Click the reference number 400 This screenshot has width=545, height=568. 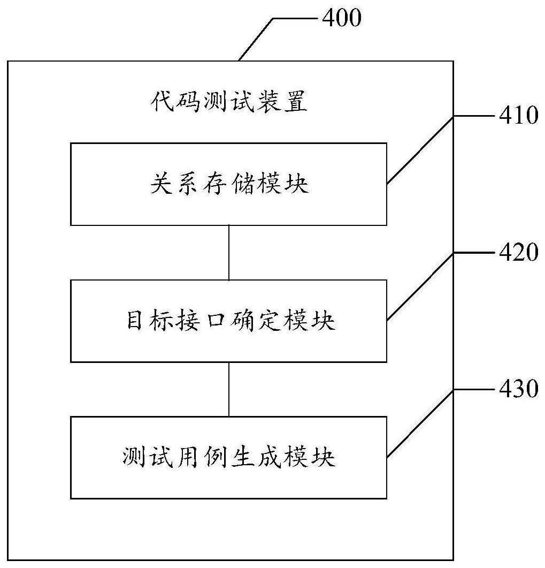pyautogui.click(x=341, y=18)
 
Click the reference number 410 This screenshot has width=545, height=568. pyautogui.click(x=518, y=115)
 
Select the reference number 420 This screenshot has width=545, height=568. pyautogui.click(x=518, y=252)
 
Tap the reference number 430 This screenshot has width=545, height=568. pyautogui.click(x=518, y=389)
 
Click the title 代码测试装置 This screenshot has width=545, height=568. pyautogui.click(x=228, y=101)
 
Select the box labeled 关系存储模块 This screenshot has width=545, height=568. pyautogui.click(x=229, y=184)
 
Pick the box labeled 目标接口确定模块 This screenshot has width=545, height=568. pyautogui.click(x=229, y=321)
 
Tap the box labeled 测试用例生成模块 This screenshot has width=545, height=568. pyautogui.click(x=229, y=458)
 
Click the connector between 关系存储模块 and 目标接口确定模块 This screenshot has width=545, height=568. pyautogui.click(x=229, y=252)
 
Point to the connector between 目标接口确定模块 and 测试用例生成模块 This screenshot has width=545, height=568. pyautogui.click(x=229, y=389)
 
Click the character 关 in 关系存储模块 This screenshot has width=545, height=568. pyautogui.click(x=160, y=185)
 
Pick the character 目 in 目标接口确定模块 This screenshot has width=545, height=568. pyautogui.click(x=135, y=321)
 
